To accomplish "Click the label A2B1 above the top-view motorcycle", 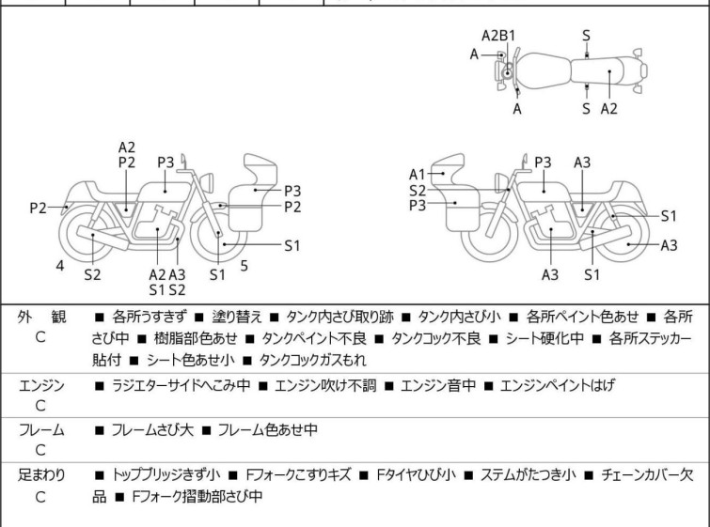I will [x=497, y=35].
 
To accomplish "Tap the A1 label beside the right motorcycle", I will [x=417, y=174].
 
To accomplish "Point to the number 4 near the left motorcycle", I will [x=59, y=266].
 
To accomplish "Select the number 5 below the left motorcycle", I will [x=244, y=266].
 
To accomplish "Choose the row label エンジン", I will [x=41, y=384].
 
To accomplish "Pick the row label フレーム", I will [x=41, y=429].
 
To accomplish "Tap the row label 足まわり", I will [x=41, y=474].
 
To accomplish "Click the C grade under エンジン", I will [x=40, y=406].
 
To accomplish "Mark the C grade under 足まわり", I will [x=40, y=496].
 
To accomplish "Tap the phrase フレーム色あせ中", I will [x=268, y=430].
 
